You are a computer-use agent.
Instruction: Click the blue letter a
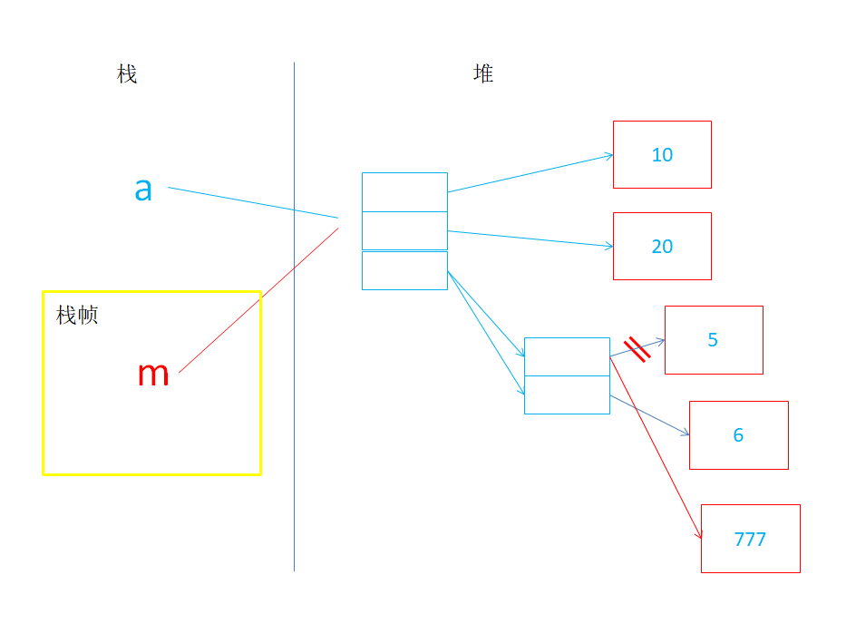[143, 190]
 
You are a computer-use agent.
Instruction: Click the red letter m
[153, 374]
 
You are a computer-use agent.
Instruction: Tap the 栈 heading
[127, 74]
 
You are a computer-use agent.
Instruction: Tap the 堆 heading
[483, 73]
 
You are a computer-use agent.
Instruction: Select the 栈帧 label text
[77, 316]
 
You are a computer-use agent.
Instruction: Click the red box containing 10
[662, 155]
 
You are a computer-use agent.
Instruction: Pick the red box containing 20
[662, 246]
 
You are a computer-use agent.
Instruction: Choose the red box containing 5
[714, 340]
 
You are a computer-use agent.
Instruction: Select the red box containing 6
[738, 435]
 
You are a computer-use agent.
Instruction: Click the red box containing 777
[750, 539]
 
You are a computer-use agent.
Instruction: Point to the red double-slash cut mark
[637, 349]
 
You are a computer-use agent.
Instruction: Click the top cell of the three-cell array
[404, 192]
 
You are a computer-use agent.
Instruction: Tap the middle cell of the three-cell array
[404, 230]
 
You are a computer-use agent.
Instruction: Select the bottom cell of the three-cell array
[404, 270]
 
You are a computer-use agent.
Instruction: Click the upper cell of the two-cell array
[567, 356]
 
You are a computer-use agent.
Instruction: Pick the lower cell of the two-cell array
[567, 395]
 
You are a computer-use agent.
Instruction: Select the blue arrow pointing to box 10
[530, 173]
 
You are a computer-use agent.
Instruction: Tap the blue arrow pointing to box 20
[530, 239]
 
